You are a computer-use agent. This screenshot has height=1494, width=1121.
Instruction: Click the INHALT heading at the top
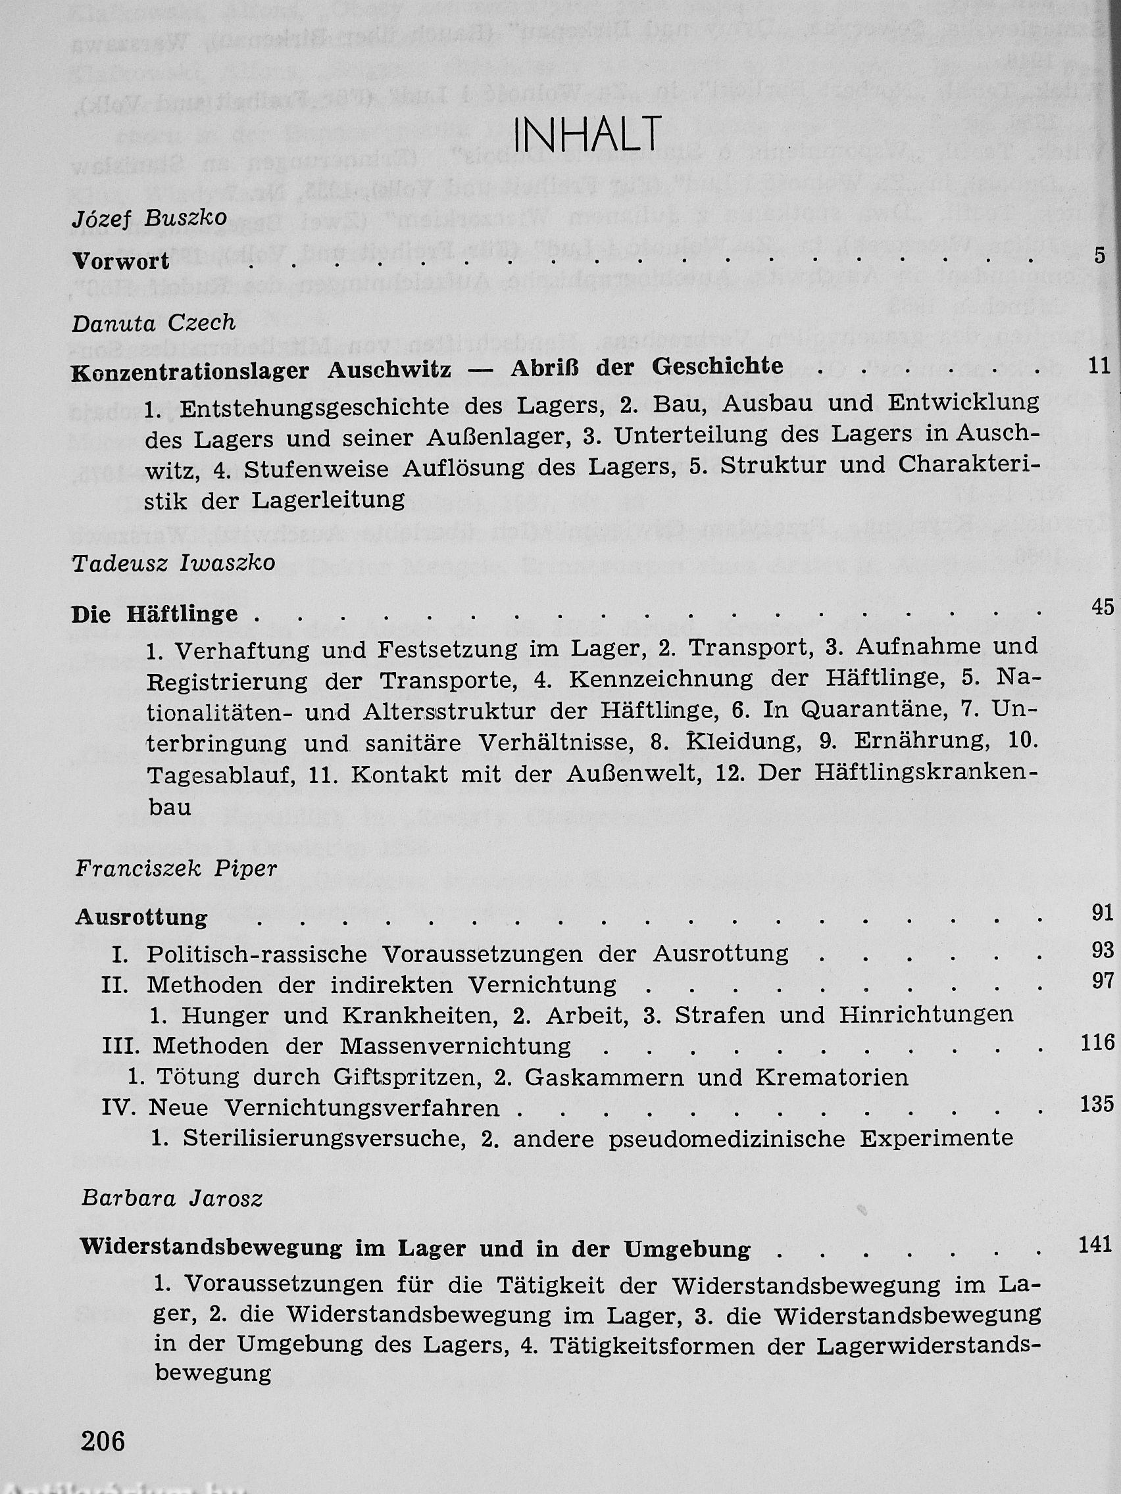pos(587,134)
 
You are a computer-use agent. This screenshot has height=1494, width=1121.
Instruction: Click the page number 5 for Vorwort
pos(1100,256)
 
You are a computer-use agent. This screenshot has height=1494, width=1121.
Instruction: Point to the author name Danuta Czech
pos(153,323)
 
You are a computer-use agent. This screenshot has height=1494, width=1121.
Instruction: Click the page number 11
pos(1099,366)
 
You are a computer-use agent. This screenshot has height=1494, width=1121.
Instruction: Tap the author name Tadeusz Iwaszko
pos(173,564)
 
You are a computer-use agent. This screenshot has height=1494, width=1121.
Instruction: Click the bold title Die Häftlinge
pos(155,615)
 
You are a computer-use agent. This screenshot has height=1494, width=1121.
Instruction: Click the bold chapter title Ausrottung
pos(141,917)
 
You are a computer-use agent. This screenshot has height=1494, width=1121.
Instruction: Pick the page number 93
pos(1102,950)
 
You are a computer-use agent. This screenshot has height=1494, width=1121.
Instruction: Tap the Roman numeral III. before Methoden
pos(121,1046)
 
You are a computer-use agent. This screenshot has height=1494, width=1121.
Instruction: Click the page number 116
pos(1097,1043)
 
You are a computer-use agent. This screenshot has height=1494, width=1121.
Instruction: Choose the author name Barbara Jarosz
pos(172,1198)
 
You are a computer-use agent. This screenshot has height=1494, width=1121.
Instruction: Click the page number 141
pos(1095,1244)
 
